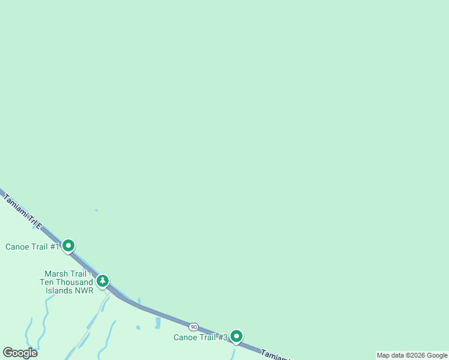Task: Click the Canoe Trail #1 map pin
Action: [x=68, y=245]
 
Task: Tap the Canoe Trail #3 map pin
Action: [x=237, y=336]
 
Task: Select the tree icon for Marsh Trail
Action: [x=103, y=280]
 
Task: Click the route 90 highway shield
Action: [x=193, y=326]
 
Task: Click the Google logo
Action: [x=20, y=353]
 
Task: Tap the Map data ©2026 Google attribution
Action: [x=412, y=355]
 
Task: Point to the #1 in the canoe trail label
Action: [x=55, y=247]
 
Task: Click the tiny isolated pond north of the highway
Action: [x=96, y=210]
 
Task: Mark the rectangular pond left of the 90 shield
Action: [x=158, y=323]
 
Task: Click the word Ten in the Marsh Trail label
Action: [x=47, y=282]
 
